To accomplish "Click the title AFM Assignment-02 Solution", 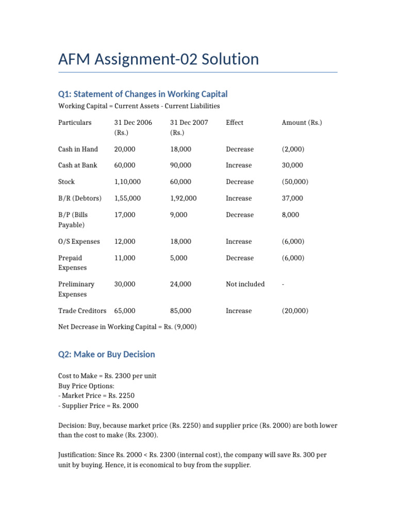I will tap(158, 59).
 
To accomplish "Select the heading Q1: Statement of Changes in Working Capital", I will tap(143, 94).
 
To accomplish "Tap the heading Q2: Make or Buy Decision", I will tap(106, 354).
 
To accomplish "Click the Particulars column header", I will tap(75, 123).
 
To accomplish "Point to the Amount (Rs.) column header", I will tap(302, 123).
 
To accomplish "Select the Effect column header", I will tap(235, 123).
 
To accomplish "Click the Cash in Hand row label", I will tap(78, 149).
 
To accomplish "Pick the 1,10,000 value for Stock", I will tap(127, 181).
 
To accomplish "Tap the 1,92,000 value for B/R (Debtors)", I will tap(183, 198).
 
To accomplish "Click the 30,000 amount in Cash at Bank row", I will tap(292, 166).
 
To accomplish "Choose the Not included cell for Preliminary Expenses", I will tap(245, 284).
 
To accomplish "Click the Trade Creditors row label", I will tap(82, 311).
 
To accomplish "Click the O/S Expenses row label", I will tap(79, 241).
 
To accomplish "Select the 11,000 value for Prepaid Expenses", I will tap(125, 258).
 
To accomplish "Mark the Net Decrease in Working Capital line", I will tap(127, 327).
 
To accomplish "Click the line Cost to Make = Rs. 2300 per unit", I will tap(107, 376).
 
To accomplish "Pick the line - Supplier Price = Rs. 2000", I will tap(98, 405).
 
